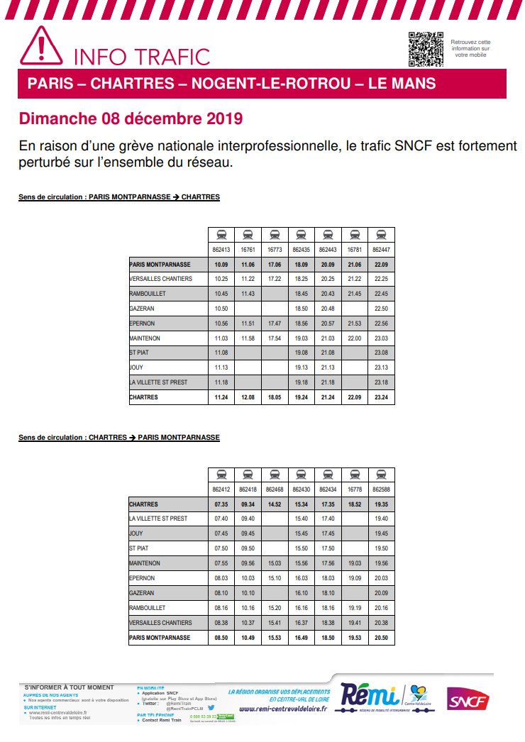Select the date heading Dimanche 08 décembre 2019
click(x=131, y=118)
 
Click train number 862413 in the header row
click(x=221, y=250)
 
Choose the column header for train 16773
click(x=275, y=250)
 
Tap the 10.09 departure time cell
click(x=221, y=265)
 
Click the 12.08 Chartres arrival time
click(x=248, y=398)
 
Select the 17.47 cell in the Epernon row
click(x=275, y=323)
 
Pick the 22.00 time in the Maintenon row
click(x=355, y=338)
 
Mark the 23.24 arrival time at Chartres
click(x=382, y=398)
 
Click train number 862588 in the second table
click(x=382, y=489)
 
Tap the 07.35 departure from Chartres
click(x=221, y=504)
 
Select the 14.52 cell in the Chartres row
click(x=275, y=504)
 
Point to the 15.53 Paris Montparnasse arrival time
click(x=275, y=638)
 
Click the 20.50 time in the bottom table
click(x=382, y=638)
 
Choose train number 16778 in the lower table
click(x=355, y=489)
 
